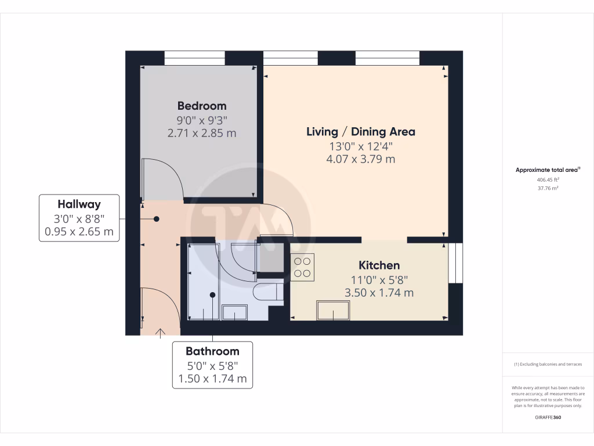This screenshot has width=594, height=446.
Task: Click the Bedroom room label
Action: point(201,106)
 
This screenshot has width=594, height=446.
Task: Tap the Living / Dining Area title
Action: point(360,132)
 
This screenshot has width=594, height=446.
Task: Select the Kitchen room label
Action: point(379,265)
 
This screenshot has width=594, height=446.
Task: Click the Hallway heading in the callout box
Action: point(79,204)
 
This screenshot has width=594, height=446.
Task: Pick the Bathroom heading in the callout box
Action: point(212,351)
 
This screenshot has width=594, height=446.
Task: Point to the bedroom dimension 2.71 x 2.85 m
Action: point(201,134)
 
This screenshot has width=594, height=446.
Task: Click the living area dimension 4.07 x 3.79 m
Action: point(360,159)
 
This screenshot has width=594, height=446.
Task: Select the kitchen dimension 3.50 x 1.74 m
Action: point(379,293)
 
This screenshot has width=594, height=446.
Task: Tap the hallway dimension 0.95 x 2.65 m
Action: point(79,232)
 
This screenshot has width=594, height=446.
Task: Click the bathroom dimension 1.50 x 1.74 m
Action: point(212,380)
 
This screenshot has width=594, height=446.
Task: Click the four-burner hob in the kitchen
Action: point(302,267)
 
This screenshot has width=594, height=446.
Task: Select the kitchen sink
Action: point(333,311)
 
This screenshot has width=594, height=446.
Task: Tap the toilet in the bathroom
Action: point(268,290)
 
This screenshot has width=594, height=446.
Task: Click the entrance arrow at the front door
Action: point(160,332)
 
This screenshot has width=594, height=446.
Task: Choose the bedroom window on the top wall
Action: point(194,57)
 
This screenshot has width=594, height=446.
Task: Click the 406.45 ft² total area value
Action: point(548,180)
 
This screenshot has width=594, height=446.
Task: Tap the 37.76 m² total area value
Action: point(548,188)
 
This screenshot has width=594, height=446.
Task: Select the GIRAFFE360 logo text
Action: point(548,418)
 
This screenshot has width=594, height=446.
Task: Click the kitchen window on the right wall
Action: point(457,263)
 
